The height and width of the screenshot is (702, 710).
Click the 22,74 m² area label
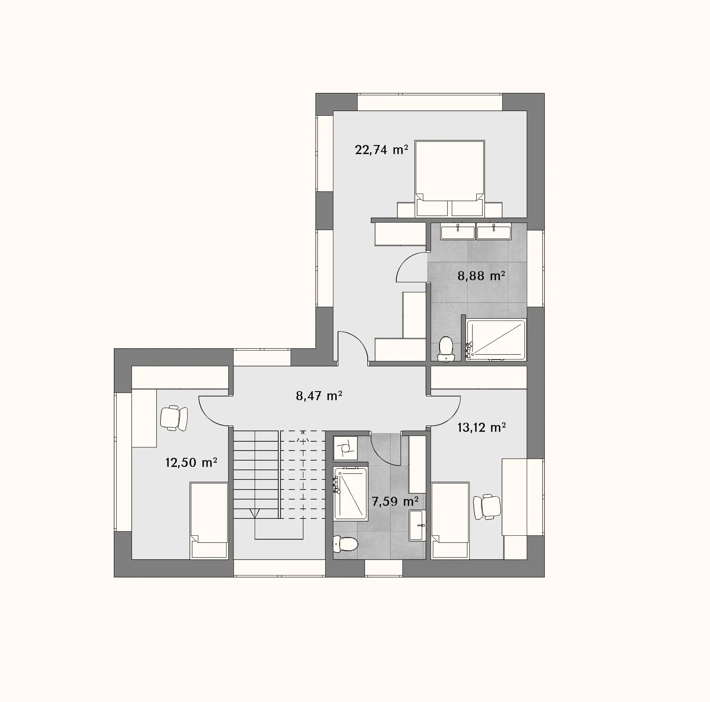click(381, 150)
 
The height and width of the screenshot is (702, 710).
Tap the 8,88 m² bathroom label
click(481, 276)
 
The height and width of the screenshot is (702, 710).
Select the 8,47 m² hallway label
click(319, 396)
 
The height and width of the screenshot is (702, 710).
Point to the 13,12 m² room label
click(482, 427)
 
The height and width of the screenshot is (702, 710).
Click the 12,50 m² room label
click(191, 462)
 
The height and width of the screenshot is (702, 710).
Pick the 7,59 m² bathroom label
click(395, 501)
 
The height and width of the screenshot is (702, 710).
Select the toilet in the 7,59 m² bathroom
click(345, 544)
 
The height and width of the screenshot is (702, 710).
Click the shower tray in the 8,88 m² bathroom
click(496, 340)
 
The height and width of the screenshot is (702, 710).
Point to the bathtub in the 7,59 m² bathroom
click(350, 494)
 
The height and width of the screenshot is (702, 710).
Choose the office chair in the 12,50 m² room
click(174, 418)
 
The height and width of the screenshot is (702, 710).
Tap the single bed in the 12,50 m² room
click(209, 520)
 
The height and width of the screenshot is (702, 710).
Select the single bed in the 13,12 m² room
click(450, 520)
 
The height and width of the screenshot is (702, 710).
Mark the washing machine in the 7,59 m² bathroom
click(345, 448)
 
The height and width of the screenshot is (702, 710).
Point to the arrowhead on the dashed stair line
click(303, 433)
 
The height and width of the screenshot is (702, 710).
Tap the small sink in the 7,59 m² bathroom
click(418, 525)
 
